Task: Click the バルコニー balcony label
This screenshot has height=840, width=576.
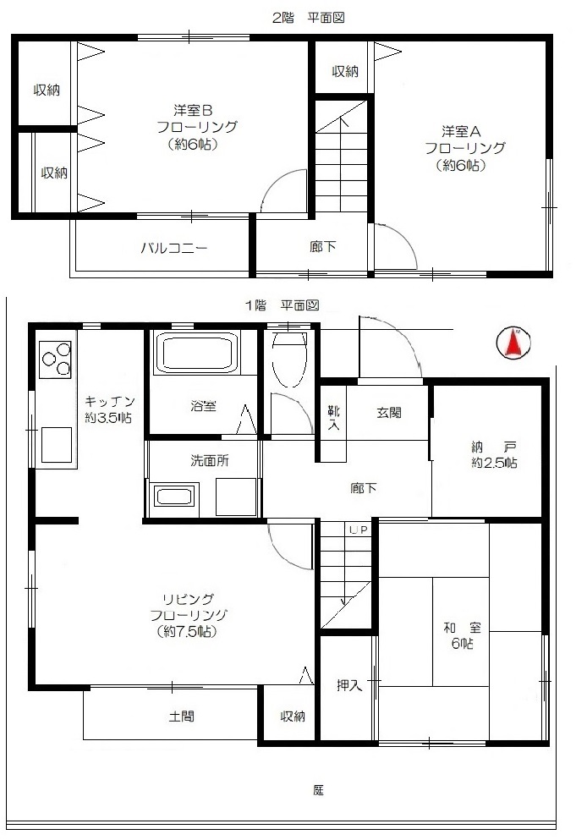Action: pos(174,248)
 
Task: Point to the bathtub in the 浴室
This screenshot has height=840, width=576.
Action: pos(196,353)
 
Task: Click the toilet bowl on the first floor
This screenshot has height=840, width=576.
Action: pos(289,358)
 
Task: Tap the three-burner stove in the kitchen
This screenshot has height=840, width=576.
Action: pos(55,360)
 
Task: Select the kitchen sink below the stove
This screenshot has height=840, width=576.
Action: pos(57,445)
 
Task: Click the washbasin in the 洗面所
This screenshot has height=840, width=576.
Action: pos(176,495)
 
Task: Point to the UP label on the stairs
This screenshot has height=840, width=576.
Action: pos(359,530)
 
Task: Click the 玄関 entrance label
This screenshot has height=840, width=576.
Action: pos(388,413)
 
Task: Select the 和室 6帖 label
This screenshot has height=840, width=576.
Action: pos(462,635)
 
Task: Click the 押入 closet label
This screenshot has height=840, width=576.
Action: pos(348,685)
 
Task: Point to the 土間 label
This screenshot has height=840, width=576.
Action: pos(182,716)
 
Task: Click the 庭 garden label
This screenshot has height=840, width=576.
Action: pos(318,789)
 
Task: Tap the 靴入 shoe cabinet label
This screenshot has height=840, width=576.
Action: pos(333,418)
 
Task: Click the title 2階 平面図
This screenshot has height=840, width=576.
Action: pos(308,18)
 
